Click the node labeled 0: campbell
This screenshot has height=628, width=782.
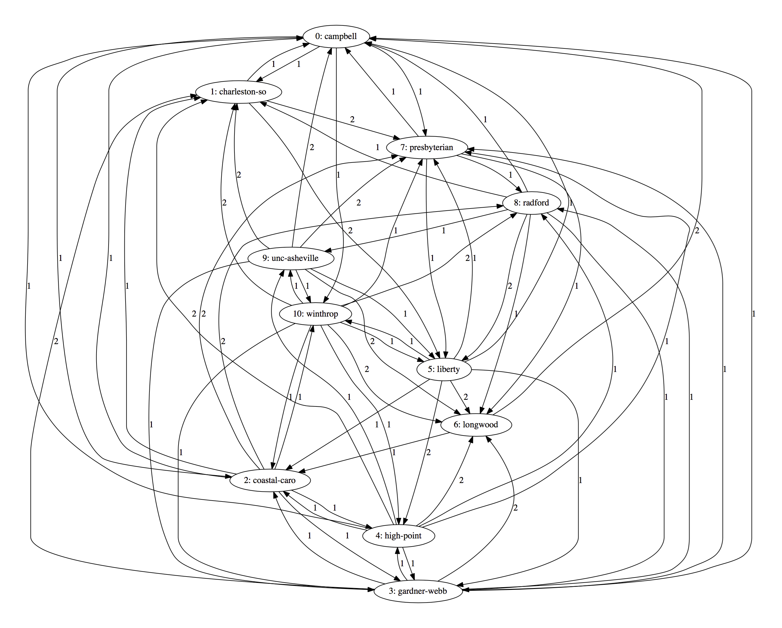(336, 36)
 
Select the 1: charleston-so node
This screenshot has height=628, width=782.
(238, 92)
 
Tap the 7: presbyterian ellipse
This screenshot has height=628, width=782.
(427, 147)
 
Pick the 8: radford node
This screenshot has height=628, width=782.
(532, 203)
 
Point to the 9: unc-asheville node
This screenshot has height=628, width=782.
(290, 258)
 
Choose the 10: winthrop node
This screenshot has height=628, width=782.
(316, 314)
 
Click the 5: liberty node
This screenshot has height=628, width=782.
(444, 369)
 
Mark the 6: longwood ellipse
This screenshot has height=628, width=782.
(476, 425)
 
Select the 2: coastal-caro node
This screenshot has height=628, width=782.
(270, 480)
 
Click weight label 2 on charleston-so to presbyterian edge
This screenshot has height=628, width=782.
(352, 119)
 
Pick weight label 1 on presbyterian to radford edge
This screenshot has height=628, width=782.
(510, 175)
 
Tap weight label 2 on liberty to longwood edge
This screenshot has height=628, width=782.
(466, 397)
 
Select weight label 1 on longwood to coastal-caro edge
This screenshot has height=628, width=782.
(394, 452)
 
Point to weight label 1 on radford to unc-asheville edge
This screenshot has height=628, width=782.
(443, 230)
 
